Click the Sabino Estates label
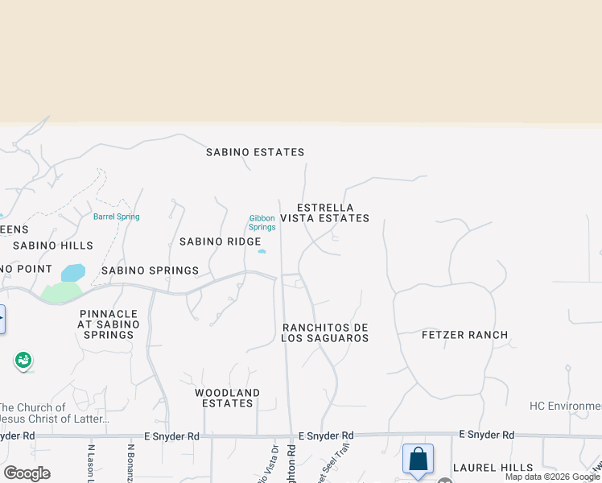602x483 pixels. coord(255,152)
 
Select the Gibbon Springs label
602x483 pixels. coord(262,222)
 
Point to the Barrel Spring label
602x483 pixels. coord(116,217)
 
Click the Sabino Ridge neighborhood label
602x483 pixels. coord(220,242)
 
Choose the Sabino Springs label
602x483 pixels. coord(150,270)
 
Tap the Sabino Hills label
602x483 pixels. coord(53,246)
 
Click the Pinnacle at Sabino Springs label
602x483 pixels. coord(109,324)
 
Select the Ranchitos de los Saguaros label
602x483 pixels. coord(325,332)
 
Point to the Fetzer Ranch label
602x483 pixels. coord(464,335)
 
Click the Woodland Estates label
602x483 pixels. coord(228,398)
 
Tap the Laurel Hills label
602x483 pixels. coord(493,468)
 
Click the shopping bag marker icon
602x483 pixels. coord(418,460)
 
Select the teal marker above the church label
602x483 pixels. coord(23,360)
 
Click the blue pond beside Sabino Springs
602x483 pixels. coord(72,272)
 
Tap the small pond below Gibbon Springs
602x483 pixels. coord(262,251)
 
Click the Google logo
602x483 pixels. coord(27,473)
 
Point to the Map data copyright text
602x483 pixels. coord(552,477)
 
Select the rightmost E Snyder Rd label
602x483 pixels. coord(486,435)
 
